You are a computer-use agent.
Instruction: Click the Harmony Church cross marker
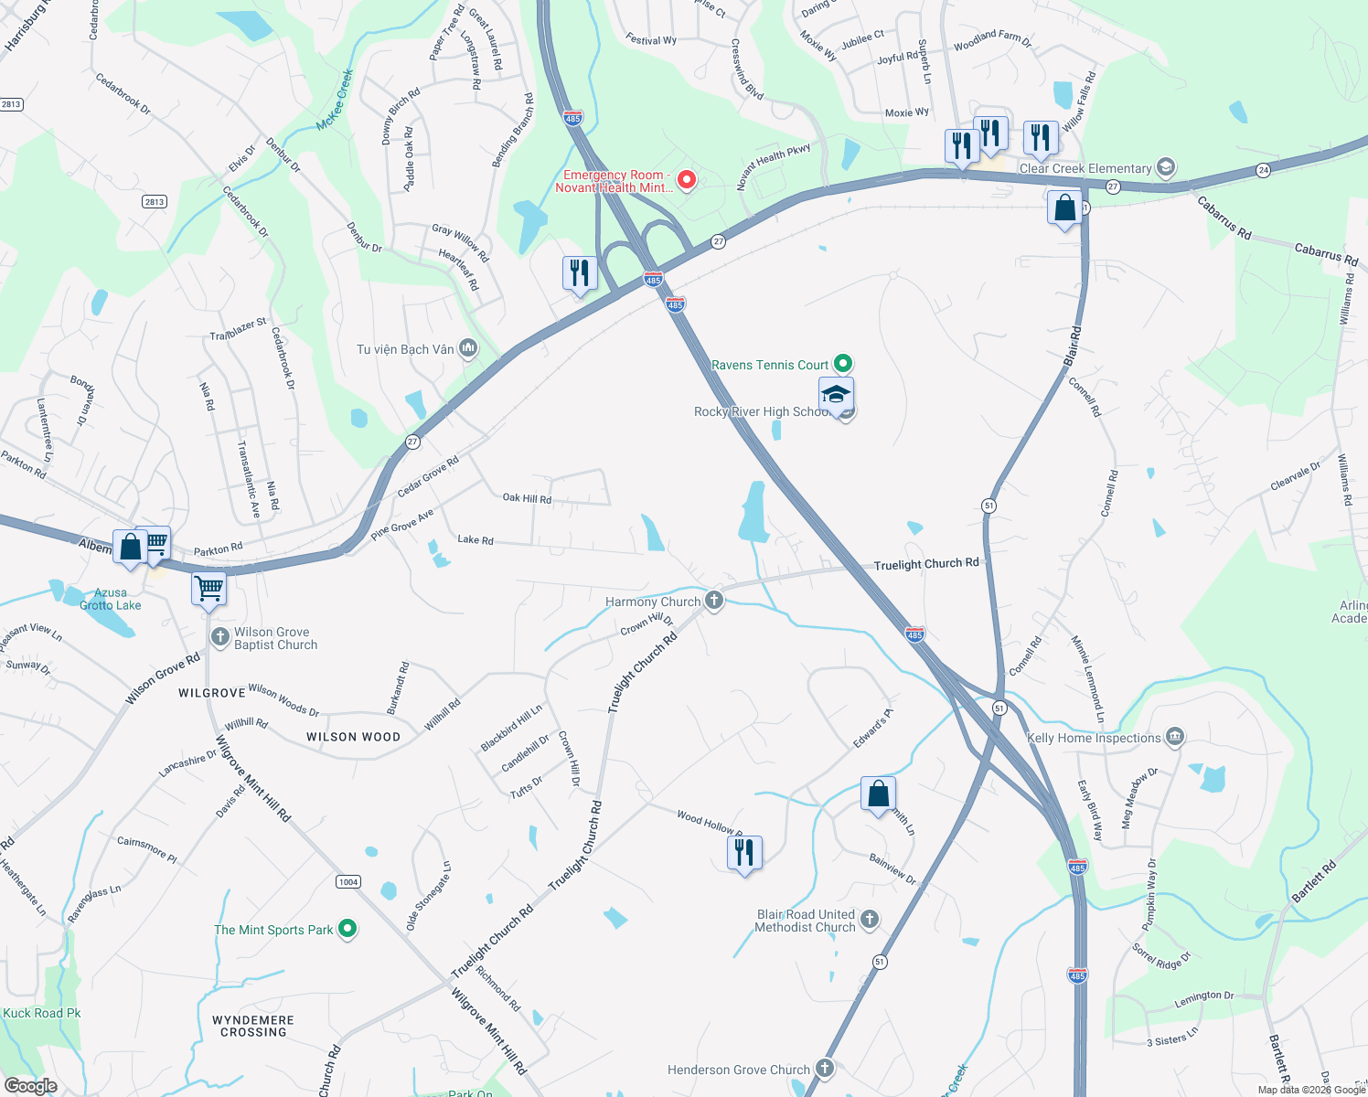click(714, 601)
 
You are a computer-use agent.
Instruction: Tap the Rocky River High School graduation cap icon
click(836, 395)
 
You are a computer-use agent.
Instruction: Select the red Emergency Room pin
click(686, 180)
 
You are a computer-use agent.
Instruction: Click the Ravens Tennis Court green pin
click(843, 365)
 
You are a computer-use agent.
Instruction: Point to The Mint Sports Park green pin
click(347, 930)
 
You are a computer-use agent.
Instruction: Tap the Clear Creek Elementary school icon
click(1165, 167)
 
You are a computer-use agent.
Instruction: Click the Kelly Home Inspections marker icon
click(1175, 737)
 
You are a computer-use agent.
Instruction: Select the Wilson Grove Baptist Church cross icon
click(219, 637)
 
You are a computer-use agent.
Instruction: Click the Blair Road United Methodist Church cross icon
click(869, 919)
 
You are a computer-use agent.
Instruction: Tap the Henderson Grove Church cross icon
click(825, 1068)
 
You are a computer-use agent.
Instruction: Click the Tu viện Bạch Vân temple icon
click(468, 348)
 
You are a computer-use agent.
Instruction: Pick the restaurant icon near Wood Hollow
click(744, 852)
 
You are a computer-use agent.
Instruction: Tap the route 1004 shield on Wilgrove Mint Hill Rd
click(348, 881)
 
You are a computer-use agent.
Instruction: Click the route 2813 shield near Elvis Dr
click(154, 201)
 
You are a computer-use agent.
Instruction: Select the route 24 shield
click(1263, 170)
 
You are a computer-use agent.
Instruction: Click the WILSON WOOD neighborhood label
click(353, 737)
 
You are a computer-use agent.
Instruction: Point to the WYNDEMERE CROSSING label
click(253, 1026)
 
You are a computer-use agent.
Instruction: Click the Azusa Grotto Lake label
click(111, 599)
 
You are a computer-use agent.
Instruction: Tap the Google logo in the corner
click(30, 1085)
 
